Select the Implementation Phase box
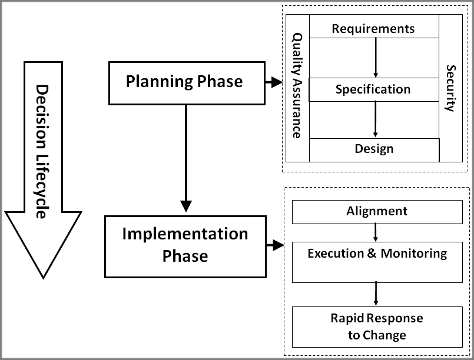(185, 246)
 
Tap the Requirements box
(373, 28)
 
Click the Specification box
(373, 90)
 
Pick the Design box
(373, 149)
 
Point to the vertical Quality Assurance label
(297, 85)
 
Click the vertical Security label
(450, 88)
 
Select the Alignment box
(377, 212)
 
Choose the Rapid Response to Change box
(377, 326)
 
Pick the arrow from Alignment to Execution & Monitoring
(376, 233)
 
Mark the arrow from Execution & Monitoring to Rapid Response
(376, 293)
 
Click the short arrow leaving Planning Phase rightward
(273, 83)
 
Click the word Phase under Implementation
(185, 256)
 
